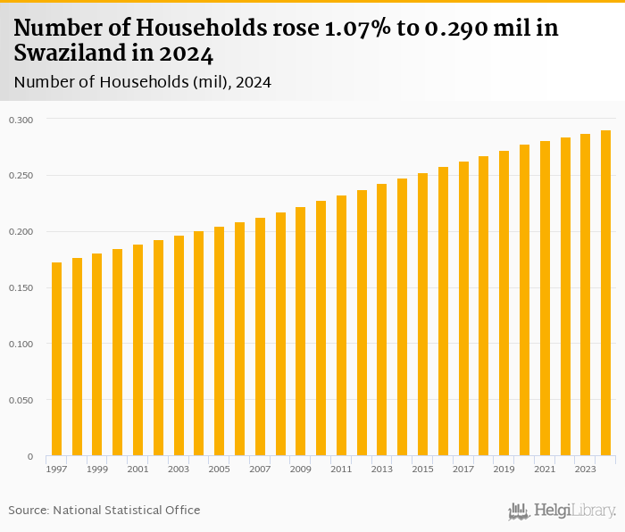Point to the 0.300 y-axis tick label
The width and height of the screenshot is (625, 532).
21,120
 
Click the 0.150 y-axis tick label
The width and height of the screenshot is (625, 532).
21,288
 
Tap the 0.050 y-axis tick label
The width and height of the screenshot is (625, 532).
21,401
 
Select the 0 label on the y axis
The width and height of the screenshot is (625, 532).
29,456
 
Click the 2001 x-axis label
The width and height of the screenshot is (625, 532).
138,469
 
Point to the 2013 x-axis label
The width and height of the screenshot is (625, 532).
382,469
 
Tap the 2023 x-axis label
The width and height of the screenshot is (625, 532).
585,469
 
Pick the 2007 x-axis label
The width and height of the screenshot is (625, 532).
260,469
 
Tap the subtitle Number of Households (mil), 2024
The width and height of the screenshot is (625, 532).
143,82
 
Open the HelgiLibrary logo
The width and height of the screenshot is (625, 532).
562,511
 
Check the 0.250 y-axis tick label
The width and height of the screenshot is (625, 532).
21,176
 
